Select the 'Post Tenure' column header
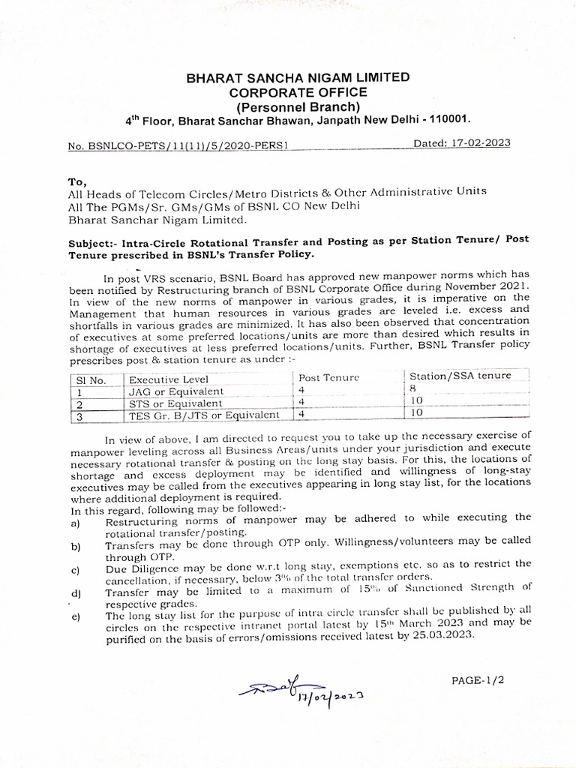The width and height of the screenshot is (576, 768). coord(329,377)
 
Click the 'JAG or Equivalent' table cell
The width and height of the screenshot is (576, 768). coord(176,391)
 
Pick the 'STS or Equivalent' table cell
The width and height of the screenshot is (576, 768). coord(175,403)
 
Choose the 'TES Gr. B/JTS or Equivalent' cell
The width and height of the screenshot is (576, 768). coord(204,414)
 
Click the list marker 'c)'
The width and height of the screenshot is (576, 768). coord(75,570)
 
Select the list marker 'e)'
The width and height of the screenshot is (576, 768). coord(75,617)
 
